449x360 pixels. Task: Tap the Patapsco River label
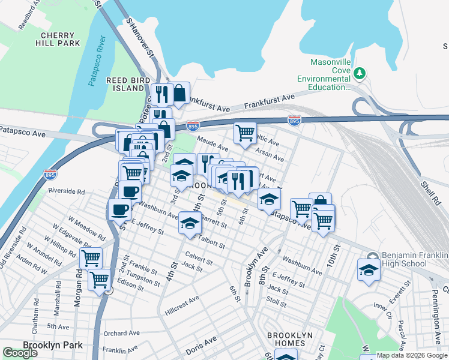click(x=98, y=61)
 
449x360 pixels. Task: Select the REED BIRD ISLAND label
click(x=125, y=84)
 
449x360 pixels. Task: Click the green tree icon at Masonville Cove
click(x=360, y=73)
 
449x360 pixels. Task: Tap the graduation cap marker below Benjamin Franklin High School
click(x=369, y=270)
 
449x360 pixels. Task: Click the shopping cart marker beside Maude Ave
click(x=244, y=133)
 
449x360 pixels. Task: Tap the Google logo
click(x=20, y=353)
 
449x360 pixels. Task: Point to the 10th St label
click(x=334, y=262)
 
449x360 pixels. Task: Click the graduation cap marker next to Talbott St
click(x=190, y=223)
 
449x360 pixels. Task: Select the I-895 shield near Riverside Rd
click(x=50, y=175)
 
